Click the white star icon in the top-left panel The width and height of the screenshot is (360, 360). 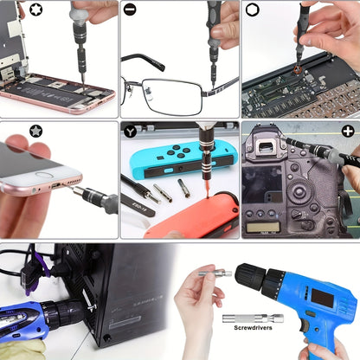[10, 10]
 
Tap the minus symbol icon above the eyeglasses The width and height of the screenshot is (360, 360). [130, 10]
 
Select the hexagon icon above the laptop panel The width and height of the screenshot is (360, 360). [252, 10]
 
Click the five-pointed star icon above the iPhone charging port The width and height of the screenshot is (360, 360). [35, 131]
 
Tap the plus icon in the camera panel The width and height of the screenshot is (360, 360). [348, 131]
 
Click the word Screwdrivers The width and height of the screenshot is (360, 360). [253, 330]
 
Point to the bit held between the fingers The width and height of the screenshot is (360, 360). [216, 273]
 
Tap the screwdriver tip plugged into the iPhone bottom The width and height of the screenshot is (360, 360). [71, 188]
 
